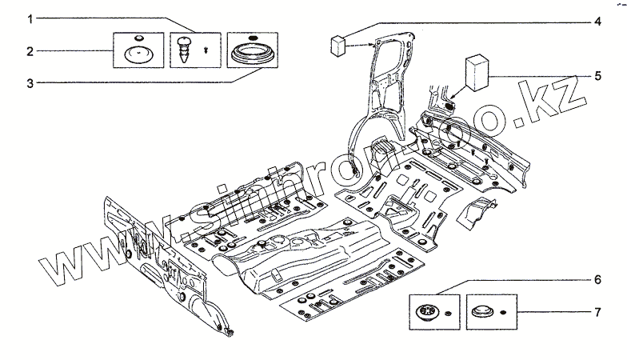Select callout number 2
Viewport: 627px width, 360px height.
pyautogui.click(x=30, y=52)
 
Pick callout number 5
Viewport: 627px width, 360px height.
pyautogui.click(x=597, y=76)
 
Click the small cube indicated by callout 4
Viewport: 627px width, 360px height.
pyautogui.click(x=337, y=43)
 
